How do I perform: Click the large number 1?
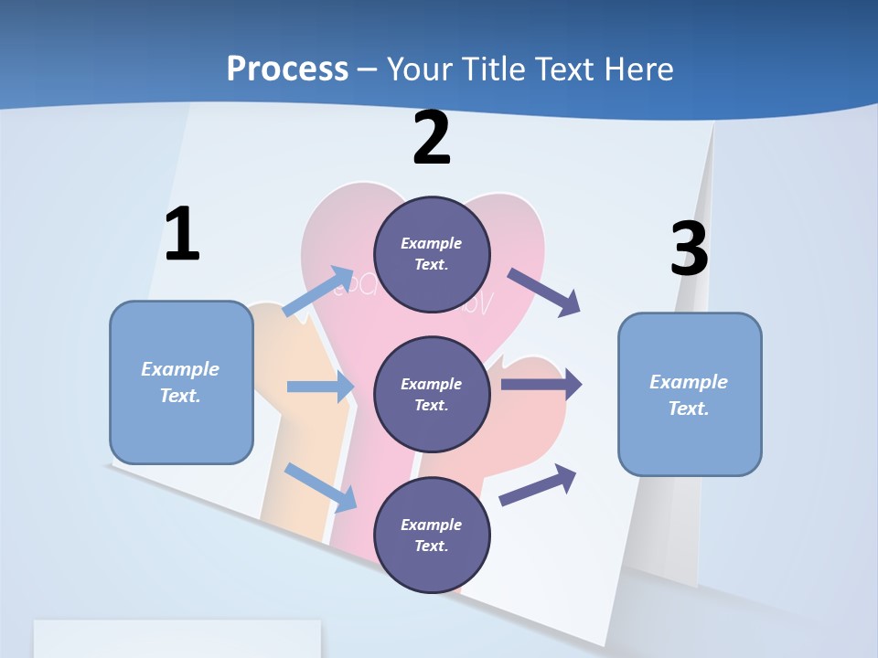click(182, 235)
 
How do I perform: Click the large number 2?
click(432, 138)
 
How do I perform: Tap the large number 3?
click(689, 249)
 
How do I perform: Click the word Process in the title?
click(287, 69)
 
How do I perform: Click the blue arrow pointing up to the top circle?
click(318, 292)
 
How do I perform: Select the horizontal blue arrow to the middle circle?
click(319, 387)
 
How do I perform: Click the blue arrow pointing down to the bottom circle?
click(321, 487)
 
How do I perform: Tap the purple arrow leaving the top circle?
click(544, 292)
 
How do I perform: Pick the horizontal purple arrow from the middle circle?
click(541, 385)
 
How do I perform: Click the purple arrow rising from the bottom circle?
click(538, 484)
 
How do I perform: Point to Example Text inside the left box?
click(180, 382)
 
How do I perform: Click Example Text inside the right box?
click(689, 395)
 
